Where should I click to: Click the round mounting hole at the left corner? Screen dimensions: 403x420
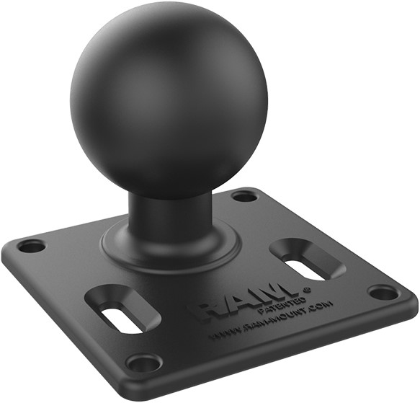coord(31,246)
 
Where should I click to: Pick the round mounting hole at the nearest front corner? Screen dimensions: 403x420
coord(144,362)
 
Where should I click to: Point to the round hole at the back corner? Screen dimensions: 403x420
coord(245,195)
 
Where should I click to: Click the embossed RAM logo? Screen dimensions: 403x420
coord(245,300)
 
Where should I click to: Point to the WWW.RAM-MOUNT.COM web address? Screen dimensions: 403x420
coord(270,322)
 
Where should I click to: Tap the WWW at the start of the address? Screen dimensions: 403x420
coord(222,335)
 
